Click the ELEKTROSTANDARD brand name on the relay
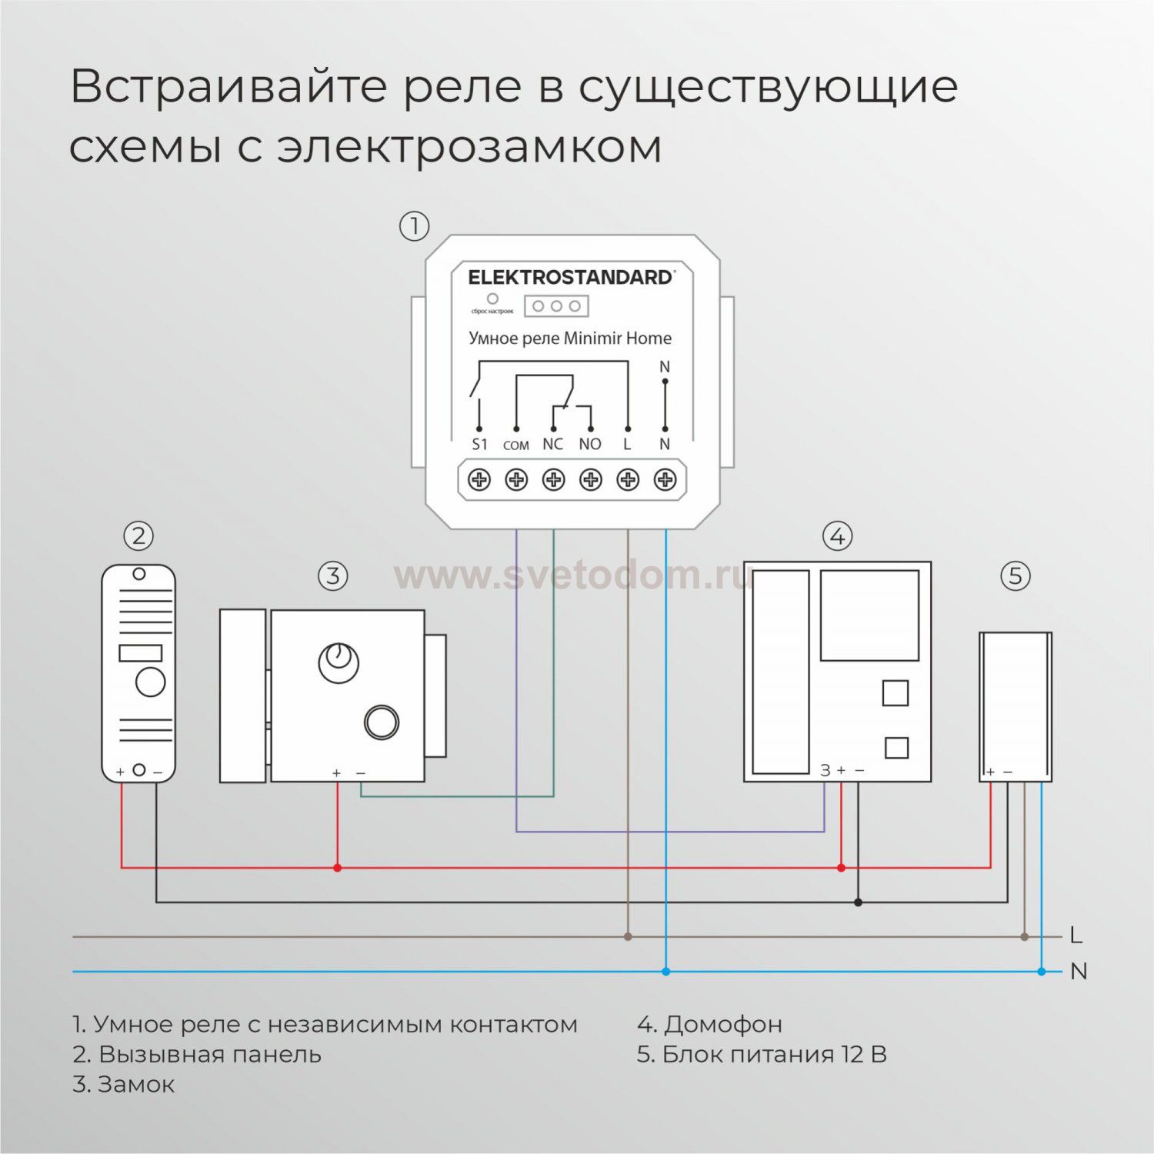(570, 277)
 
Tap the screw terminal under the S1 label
(479, 480)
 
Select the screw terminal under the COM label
(516, 480)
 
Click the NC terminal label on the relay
(552, 444)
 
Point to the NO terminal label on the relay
(590, 444)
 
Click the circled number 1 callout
(414, 226)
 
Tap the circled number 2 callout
(138, 535)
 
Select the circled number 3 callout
(332, 575)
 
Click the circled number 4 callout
(837, 535)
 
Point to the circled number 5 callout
(1015, 575)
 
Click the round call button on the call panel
(150, 682)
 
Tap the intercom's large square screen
(869, 615)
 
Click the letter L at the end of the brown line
(1076, 936)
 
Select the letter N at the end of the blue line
(1079, 972)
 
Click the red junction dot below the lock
(337, 868)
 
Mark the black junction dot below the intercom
(859, 902)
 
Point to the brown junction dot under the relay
(628, 936)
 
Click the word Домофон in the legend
(723, 1024)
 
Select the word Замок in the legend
(136, 1084)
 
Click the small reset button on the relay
(492, 299)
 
